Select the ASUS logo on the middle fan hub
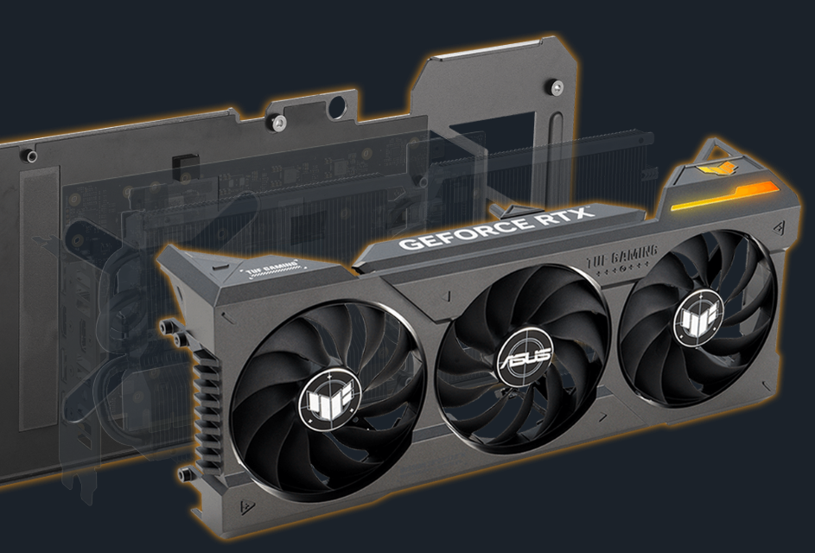click(x=525, y=357)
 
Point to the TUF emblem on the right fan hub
click(x=698, y=315)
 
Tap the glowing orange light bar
click(x=726, y=196)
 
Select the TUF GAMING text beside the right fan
click(x=622, y=257)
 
